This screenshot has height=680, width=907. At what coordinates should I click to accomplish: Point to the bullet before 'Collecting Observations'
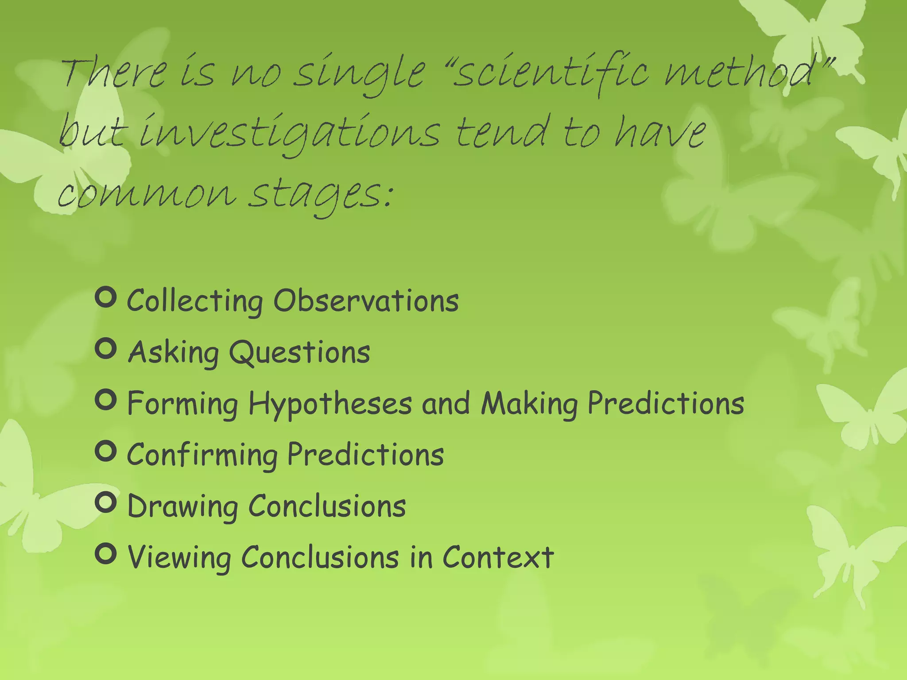point(106,297)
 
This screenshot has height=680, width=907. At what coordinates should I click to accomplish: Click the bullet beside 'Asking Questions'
point(106,349)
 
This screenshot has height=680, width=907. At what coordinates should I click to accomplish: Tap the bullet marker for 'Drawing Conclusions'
point(106,502)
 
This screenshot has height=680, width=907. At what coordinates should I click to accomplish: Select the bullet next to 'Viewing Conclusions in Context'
point(106,554)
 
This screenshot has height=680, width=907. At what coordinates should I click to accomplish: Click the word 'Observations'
point(366,301)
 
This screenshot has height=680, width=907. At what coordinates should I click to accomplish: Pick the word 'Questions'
point(299,353)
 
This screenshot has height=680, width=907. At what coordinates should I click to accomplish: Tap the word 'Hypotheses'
point(330,404)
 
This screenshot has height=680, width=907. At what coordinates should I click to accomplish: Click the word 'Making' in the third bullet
point(529,404)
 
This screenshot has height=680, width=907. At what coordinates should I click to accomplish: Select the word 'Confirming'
point(202,455)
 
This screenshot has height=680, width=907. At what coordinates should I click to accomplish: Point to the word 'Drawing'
point(182,507)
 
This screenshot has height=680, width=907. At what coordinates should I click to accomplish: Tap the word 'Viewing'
point(179,558)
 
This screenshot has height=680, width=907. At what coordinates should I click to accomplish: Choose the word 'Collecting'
point(195,301)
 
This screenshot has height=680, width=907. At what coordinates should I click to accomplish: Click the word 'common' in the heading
point(147,195)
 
